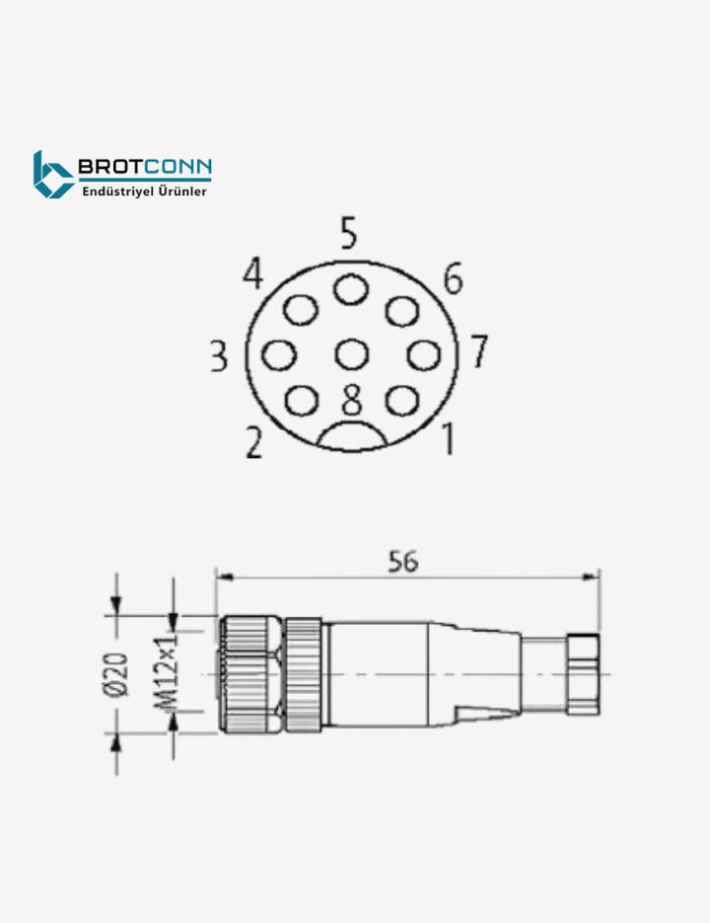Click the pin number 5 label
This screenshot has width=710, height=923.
348,234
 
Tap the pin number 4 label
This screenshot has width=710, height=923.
253,274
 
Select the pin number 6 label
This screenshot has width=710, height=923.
452,279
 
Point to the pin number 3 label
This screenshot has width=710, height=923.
219,355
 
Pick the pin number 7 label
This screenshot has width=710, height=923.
478,350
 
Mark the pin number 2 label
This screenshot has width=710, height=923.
253,443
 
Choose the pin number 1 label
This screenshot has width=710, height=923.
447,438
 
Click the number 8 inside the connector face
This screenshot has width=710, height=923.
352,400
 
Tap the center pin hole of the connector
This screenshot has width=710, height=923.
351,353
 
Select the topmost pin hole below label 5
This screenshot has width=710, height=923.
349,290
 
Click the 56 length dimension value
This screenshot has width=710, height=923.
402,561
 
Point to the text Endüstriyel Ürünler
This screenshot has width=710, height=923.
144,192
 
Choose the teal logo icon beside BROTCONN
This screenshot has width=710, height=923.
52,175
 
